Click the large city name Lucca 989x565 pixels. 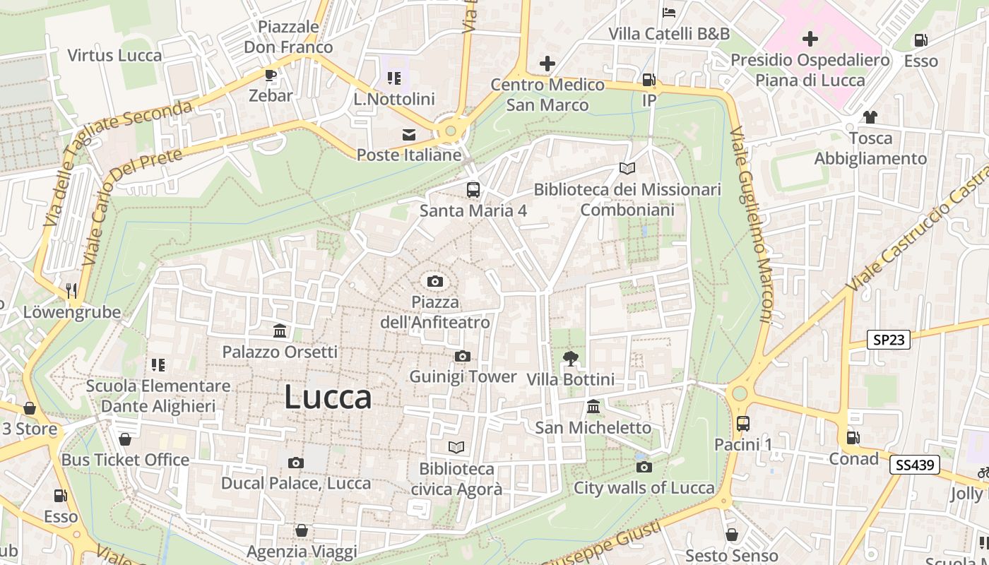[x=328, y=398]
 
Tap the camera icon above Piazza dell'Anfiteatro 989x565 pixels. [x=435, y=282]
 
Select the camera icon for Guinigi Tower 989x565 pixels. [x=463, y=356]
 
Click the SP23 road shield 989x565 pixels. [x=889, y=340]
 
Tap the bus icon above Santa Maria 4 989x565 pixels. [x=473, y=190]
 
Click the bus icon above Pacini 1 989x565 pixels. [x=743, y=424]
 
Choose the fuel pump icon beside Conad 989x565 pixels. [x=853, y=438]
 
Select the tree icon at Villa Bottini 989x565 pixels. [x=570, y=359]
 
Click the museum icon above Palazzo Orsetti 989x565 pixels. [x=280, y=331]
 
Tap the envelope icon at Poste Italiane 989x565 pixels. [x=408, y=134]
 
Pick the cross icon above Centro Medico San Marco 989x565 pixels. [x=547, y=64]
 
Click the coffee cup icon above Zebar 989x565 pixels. [x=270, y=75]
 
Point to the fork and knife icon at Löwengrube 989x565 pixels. [x=71, y=291]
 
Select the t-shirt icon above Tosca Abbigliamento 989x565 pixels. [x=870, y=117]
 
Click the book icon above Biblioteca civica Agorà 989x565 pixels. [x=456, y=448]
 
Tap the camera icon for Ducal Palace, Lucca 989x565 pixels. [x=296, y=463]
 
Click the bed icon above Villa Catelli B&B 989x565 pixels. [x=669, y=13]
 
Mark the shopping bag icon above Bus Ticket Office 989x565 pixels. [x=125, y=439]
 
